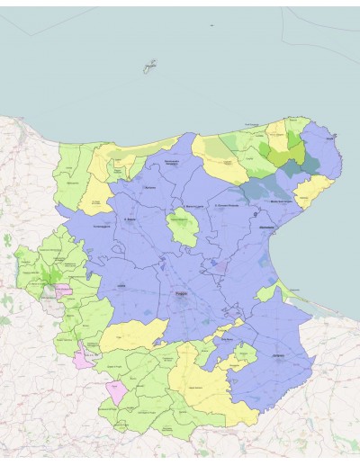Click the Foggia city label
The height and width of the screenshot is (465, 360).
182,294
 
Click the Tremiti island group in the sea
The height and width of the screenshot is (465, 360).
149,67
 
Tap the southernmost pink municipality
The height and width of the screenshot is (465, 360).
116,392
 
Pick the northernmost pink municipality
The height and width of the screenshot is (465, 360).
63,291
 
